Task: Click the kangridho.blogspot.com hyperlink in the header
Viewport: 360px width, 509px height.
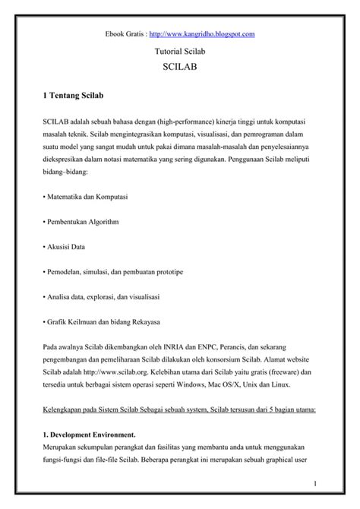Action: pyautogui.click(x=202, y=34)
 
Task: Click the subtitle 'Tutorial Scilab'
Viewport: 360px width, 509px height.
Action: pyautogui.click(x=180, y=52)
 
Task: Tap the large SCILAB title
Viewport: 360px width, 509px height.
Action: pyautogui.click(x=180, y=68)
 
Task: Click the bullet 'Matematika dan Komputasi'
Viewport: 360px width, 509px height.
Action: pyautogui.click(x=85, y=197)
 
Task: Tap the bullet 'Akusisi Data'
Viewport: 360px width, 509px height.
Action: pyautogui.click(x=65, y=246)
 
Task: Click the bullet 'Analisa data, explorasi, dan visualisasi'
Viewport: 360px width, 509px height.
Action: pyautogui.click(x=105, y=295)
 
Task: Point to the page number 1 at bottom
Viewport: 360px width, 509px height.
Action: pyautogui.click(x=314, y=483)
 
